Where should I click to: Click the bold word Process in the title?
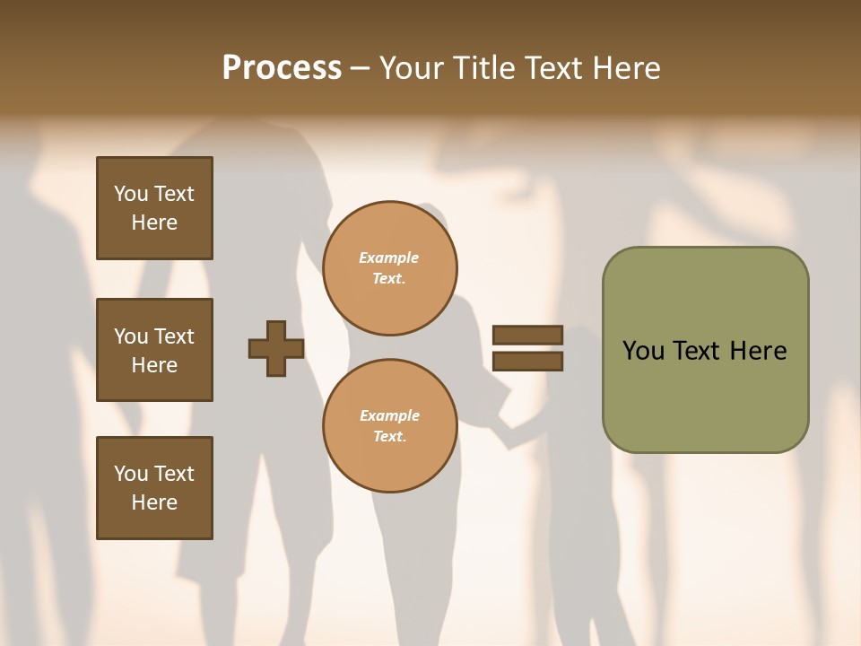[x=282, y=68]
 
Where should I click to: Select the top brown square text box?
[x=154, y=208]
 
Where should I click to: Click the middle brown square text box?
[x=154, y=350]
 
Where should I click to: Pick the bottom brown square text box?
[x=154, y=488]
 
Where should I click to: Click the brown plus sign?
[x=276, y=348]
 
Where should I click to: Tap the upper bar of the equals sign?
[x=527, y=335]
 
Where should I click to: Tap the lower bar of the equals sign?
[x=527, y=362]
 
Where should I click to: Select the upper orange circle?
[x=389, y=268]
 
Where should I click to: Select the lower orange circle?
[x=389, y=426]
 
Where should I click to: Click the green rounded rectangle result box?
[x=705, y=350]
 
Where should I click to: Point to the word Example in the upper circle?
[x=389, y=258]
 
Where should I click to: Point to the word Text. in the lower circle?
[x=389, y=437]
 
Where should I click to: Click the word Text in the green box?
[x=699, y=351]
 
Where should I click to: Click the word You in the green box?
[x=644, y=351]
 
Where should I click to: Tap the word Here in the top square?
[x=154, y=223]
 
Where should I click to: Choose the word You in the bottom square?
[x=131, y=474]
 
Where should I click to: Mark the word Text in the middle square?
[x=174, y=336]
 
